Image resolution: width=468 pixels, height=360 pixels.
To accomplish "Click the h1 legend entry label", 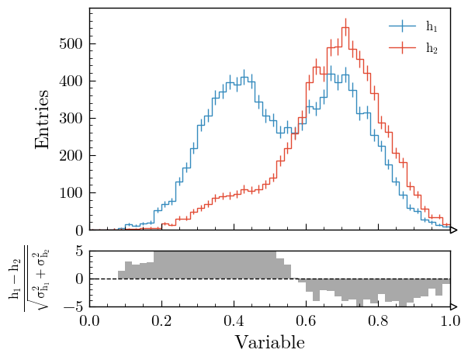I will tap(432, 27).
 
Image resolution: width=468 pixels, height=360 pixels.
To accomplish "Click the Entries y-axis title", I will tap(42, 119).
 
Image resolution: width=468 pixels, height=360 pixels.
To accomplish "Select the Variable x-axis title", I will tap(269, 342).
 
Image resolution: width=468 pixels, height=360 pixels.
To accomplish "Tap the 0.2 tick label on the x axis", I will tap(161, 320).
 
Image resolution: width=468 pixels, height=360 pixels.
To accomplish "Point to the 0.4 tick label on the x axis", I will tap(234, 320).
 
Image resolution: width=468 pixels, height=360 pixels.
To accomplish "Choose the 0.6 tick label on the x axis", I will tap(306, 320).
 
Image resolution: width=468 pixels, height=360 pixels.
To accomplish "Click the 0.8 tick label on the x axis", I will tap(378, 320).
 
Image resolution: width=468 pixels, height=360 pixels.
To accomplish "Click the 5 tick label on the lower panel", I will tap(79, 251).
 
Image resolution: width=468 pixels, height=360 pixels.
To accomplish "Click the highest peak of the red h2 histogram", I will tap(345, 29).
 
